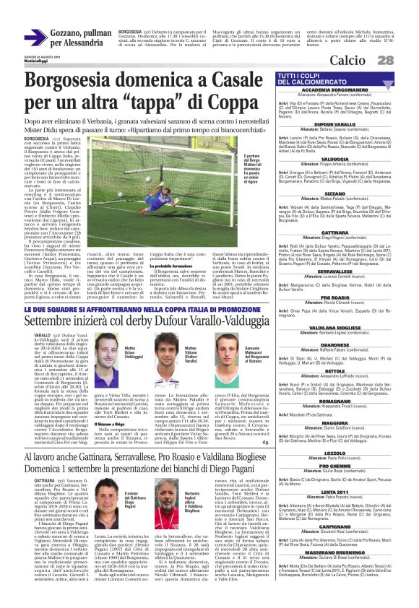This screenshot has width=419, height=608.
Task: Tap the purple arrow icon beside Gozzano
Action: pos(35,38)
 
